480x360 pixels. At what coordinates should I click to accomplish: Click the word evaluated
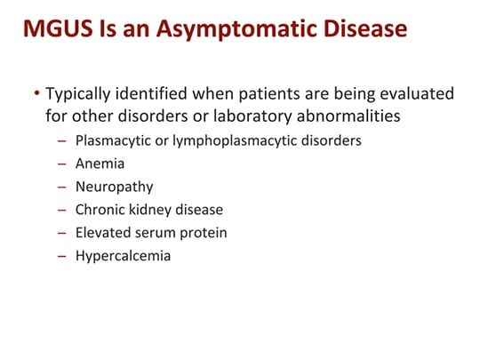pyautogui.click(x=417, y=93)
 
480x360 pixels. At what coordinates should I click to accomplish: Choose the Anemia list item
pyautogui.click(x=100, y=164)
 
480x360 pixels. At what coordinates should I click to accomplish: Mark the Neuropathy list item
pyautogui.click(x=115, y=187)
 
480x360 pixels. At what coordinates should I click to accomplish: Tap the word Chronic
pyautogui.click(x=101, y=210)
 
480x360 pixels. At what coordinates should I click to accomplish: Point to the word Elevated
pyautogui.click(x=104, y=233)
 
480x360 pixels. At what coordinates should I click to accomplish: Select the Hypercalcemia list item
pyautogui.click(x=123, y=256)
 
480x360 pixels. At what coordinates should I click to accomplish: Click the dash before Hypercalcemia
pyautogui.click(x=61, y=256)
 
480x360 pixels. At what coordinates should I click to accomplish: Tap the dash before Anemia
pyautogui.click(x=61, y=164)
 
